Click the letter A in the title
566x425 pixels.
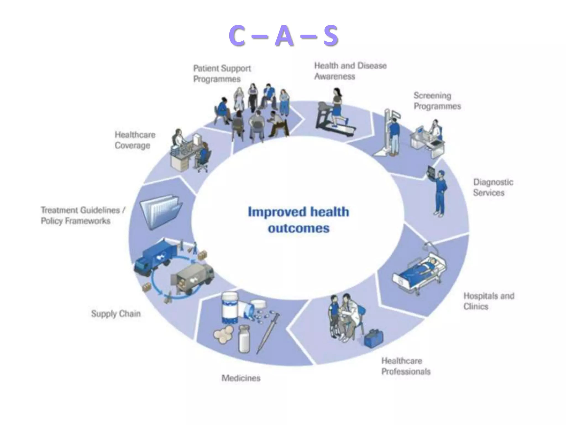(x=284, y=36)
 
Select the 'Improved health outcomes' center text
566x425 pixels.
(x=298, y=220)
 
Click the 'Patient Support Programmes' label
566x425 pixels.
(x=222, y=74)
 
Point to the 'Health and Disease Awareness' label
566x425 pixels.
(x=350, y=71)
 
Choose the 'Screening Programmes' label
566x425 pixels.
(x=437, y=101)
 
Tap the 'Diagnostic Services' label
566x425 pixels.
(x=493, y=187)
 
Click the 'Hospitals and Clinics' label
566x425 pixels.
(x=489, y=301)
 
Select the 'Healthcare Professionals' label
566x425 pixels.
(x=406, y=366)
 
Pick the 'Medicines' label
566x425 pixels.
(x=241, y=378)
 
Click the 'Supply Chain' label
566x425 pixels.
(x=116, y=313)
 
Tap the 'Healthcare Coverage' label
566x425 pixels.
(x=135, y=140)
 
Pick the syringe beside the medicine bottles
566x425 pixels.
(x=268, y=332)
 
